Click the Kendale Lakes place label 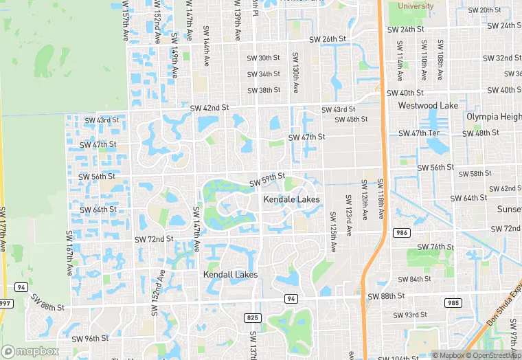point(291,199)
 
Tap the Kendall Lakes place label point(230,274)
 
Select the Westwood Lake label point(428,106)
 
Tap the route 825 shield point(251,317)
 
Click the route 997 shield point(5,303)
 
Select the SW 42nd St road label point(209,108)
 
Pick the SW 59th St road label point(267,180)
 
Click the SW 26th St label point(328,40)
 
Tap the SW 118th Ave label point(380,199)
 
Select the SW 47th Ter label point(419,133)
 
